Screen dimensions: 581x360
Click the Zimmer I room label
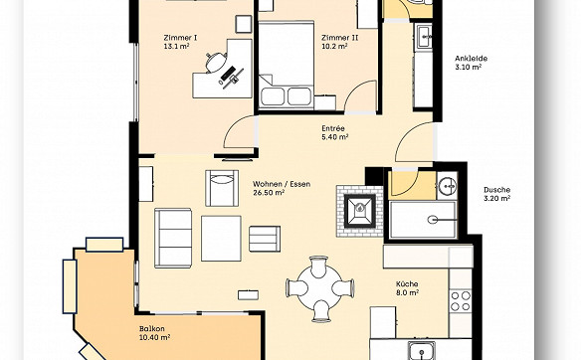click(180, 38)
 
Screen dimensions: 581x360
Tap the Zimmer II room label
click(340, 38)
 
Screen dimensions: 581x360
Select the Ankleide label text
click(471, 58)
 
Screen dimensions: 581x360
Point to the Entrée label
click(333, 128)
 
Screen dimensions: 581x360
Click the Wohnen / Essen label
click(282, 184)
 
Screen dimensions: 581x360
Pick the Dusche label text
click(496, 190)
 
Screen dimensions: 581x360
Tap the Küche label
click(407, 284)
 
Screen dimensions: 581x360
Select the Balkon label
click(152, 328)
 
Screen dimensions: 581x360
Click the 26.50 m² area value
click(269, 193)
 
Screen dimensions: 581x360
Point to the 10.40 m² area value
click(155, 337)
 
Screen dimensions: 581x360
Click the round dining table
click(319, 288)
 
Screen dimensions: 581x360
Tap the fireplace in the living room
click(359, 211)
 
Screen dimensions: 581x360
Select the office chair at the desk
click(216, 63)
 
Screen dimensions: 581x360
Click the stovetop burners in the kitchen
click(461, 300)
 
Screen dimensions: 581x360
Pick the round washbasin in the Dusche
click(448, 184)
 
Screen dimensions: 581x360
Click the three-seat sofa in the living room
click(173, 238)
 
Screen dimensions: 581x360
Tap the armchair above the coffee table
click(222, 188)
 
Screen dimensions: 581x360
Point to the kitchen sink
click(422, 350)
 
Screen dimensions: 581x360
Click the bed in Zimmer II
click(287, 66)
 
